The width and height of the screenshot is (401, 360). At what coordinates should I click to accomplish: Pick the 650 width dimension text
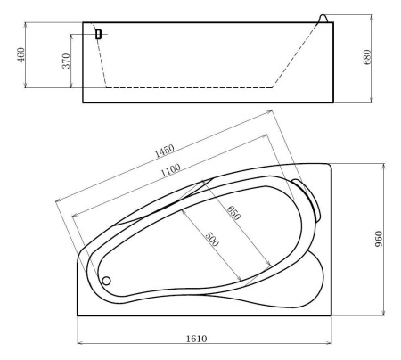[x=233, y=214]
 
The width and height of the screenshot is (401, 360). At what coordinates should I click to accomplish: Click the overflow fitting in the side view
[x=98, y=34]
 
